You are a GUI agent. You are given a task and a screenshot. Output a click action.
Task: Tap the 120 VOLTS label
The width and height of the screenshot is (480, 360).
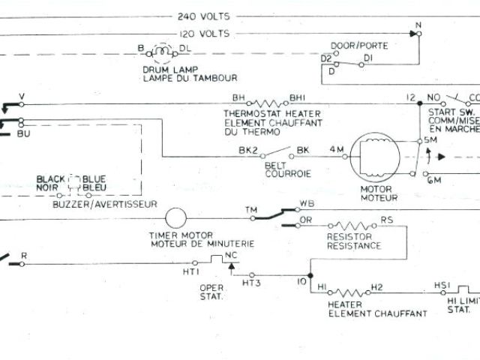pos(204,34)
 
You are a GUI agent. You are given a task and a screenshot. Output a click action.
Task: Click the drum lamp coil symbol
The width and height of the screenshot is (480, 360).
pos(162,52)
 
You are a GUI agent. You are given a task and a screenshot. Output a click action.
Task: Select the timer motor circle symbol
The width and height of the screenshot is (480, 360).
pos(175,218)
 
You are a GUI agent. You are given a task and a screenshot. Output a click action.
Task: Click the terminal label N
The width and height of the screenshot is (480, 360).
pos(418,24)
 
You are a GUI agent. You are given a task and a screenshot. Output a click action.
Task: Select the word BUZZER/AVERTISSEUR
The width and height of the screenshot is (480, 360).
pos(105,204)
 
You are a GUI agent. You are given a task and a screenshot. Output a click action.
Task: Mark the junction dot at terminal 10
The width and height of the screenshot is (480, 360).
pos(310,275)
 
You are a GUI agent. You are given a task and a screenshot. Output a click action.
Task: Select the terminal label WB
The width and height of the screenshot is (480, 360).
pos(307,203)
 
